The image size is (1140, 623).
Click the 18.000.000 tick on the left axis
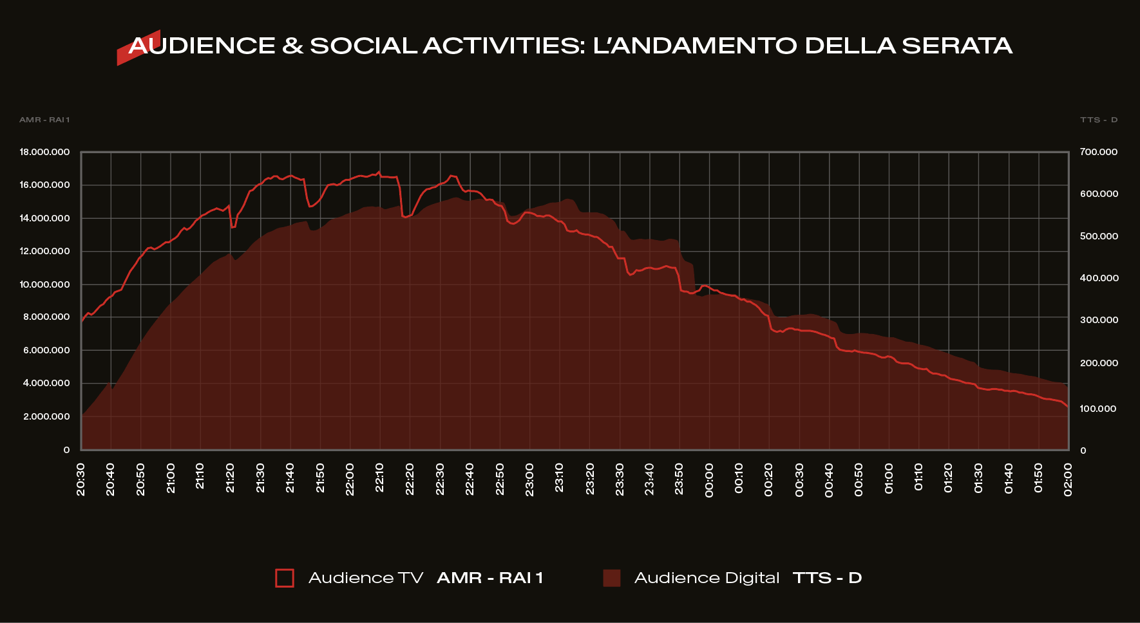coord(44,153)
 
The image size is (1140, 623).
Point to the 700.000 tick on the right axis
coord(1099,153)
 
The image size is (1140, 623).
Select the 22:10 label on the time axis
coord(379,478)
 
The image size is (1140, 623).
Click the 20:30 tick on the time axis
coord(81,479)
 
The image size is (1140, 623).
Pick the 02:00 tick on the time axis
coord(1068,479)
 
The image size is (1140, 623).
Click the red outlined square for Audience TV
coord(285,578)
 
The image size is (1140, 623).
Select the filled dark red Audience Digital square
coord(611,578)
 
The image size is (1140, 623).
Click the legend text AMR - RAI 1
coord(489,578)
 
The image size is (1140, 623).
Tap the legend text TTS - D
coord(827,578)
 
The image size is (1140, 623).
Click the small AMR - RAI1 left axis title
coord(44,120)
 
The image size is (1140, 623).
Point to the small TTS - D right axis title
coord(1099,120)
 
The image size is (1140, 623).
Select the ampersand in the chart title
coord(292,46)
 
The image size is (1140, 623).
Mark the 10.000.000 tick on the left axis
coord(44,284)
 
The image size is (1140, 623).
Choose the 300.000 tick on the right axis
coord(1099,320)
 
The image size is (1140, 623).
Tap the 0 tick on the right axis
coord(1083,451)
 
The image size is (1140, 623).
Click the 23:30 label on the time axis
coord(620,479)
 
